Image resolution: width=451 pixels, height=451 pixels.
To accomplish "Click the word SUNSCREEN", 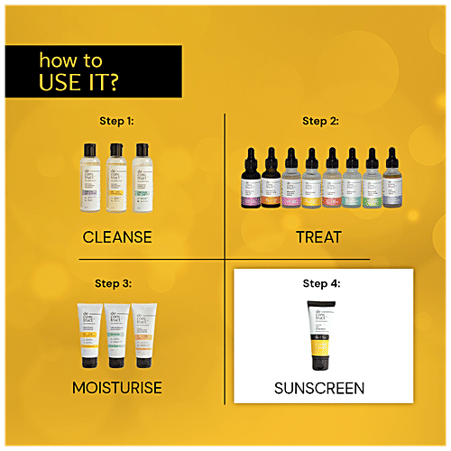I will [322, 389].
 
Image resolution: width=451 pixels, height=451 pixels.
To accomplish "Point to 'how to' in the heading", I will [70, 61].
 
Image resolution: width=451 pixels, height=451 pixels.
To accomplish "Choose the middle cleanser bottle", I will [118, 178].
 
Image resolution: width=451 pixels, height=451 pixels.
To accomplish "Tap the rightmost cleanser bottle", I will [142, 178].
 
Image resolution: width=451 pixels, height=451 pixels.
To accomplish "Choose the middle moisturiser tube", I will [118, 337].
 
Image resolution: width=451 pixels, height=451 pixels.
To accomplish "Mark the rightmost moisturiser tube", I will [145, 337].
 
